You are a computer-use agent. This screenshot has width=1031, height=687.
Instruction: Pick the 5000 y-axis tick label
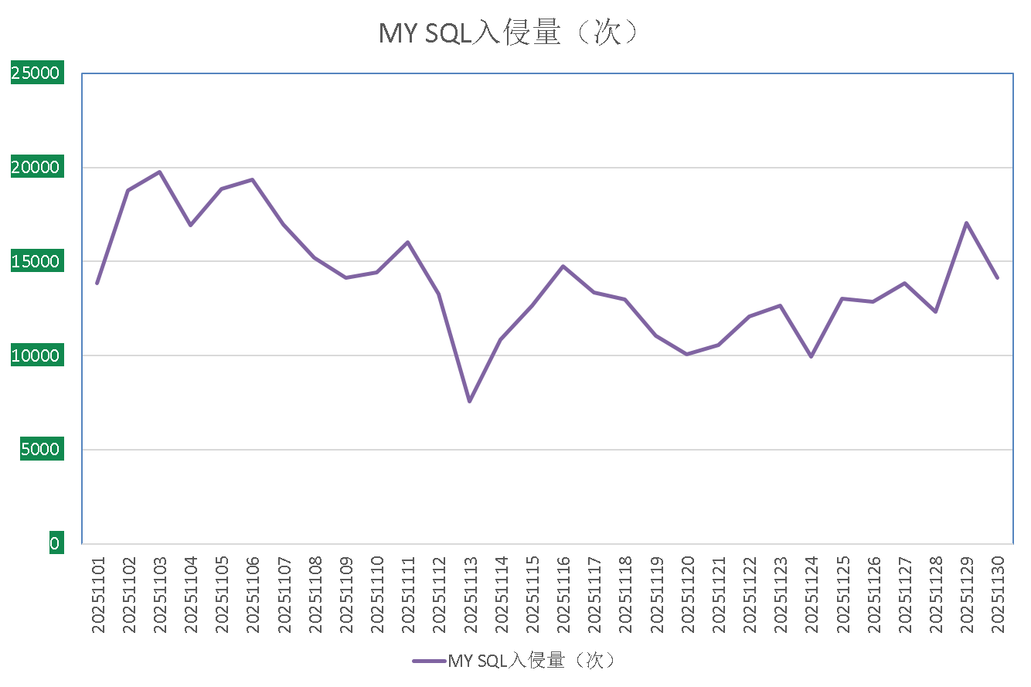click(41, 450)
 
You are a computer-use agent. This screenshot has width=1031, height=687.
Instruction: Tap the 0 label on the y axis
click(54, 544)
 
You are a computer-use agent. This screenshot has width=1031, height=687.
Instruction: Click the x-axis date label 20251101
click(98, 593)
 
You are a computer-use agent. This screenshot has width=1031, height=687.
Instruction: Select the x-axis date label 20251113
click(470, 593)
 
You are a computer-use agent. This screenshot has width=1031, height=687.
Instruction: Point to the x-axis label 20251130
click(997, 593)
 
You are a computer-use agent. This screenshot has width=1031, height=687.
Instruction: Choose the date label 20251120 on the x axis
click(687, 593)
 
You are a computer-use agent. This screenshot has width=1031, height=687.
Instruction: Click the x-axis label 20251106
click(253, 593)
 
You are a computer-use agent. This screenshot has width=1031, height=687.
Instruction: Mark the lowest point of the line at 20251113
click(469, 401)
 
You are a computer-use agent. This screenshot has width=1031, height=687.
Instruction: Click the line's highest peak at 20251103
click(159, 172)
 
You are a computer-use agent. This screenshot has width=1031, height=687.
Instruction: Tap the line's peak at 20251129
click(966, 223)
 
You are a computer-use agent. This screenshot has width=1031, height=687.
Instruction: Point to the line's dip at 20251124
click(811, 356)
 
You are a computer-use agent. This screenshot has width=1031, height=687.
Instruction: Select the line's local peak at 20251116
click(563, 266)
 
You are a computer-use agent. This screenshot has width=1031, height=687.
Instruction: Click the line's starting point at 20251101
click(97, 284)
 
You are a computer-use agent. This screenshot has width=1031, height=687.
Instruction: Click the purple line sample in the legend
click(429, 661)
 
